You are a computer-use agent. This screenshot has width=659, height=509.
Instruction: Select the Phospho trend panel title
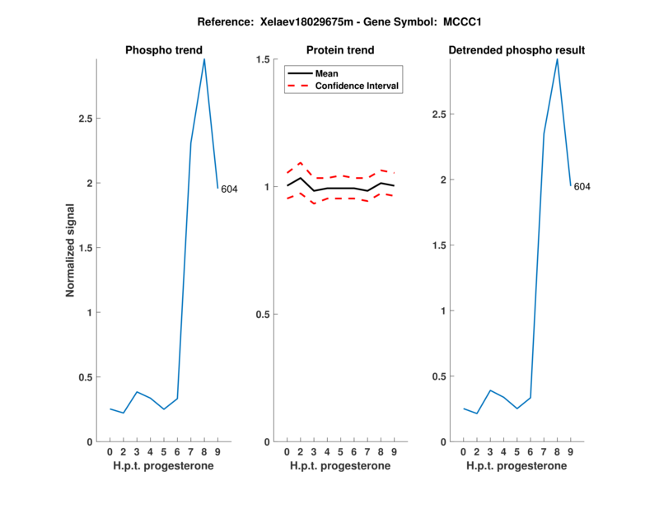(x=163, y=50)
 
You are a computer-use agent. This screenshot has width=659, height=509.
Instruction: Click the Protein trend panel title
(x=340, y=50)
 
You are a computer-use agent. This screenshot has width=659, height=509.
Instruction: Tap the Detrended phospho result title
(x=516, y=50)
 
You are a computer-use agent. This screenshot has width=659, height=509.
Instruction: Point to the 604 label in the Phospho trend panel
(x=229, y=189)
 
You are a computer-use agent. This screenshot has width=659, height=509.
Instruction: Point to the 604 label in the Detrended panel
(x=582, y=187)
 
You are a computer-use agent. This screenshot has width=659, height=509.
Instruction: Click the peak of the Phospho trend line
(x=204, y=59)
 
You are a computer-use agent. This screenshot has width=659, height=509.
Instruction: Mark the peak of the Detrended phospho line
(x=558, y=59)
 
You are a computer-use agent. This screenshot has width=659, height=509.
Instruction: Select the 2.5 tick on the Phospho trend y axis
(x=85, y=119)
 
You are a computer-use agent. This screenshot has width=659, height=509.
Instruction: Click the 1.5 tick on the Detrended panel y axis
(x=438, y=245)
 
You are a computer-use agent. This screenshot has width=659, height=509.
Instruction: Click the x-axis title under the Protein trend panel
(x=340, y=466)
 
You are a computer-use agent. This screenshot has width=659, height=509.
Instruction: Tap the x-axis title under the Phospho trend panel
(x=163, y=466)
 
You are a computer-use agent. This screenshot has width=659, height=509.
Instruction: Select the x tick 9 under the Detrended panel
(x=571, y=451)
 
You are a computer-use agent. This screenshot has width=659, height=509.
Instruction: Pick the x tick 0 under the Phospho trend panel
(x=110, y=451)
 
